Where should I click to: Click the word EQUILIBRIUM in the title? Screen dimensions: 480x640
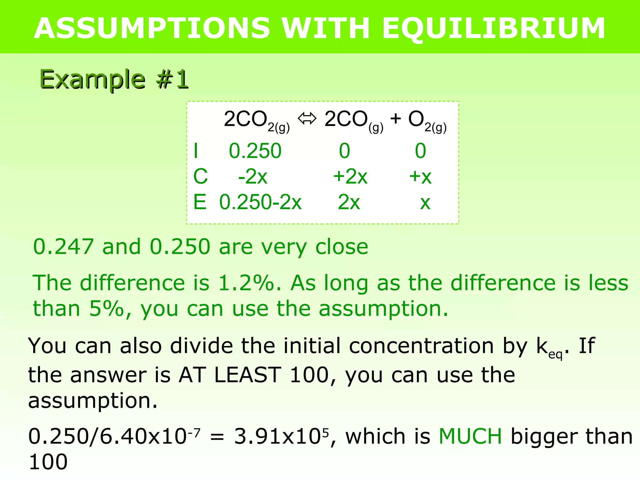pyautogui.click(x=493, y=28)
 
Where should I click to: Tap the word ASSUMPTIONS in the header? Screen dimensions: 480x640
pyautogui.click(x=152, y=28)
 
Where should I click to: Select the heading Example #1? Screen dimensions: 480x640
pyautogui.click(x=114, y=79)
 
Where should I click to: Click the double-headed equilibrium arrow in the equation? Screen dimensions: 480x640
pyautogui.click(x=307, y=119)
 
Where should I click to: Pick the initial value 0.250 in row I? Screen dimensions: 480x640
pyautogui.click(x=255, y=151)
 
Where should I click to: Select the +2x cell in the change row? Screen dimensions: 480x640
pyautogui.click(x=350, y=177)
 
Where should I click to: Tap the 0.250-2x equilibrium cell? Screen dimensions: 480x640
pyautogui.click(x=260, y=202)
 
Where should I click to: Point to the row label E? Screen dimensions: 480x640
pyautogui.click(x=200, y=202)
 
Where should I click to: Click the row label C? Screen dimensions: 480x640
pyautogui.click(x=200, y=177)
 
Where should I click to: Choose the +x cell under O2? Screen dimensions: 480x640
pyautogui.click(x=420, y=177)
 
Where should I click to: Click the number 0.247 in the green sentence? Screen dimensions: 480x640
pyautogui.click(x=63, y=247)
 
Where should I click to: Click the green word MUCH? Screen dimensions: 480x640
pyautogui.click(x=470, y=436)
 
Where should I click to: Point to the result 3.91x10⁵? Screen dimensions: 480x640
pyautogui.click(x=281, y=436)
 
